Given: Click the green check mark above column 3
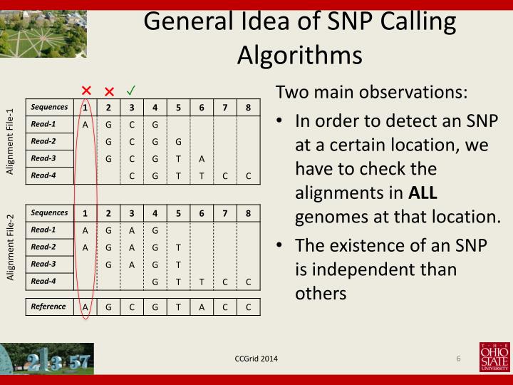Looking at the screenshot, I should [132, 91].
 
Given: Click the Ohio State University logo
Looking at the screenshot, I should [494, 357].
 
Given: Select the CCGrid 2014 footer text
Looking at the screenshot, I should [256, 358].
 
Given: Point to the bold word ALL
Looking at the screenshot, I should [424, 192].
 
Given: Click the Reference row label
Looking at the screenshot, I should [49, 307].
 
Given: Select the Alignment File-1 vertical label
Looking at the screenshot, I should [10, 141].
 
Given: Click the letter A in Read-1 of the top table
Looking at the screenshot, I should [85, 124].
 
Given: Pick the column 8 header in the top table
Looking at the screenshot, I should [248, 108].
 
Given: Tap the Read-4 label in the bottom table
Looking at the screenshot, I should [43, 281].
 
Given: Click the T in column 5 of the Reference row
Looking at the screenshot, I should [178, 307].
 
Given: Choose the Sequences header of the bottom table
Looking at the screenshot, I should [48, 212].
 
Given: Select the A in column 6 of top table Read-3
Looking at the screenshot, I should [202, 158].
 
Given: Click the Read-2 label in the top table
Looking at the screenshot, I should [43, 141].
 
